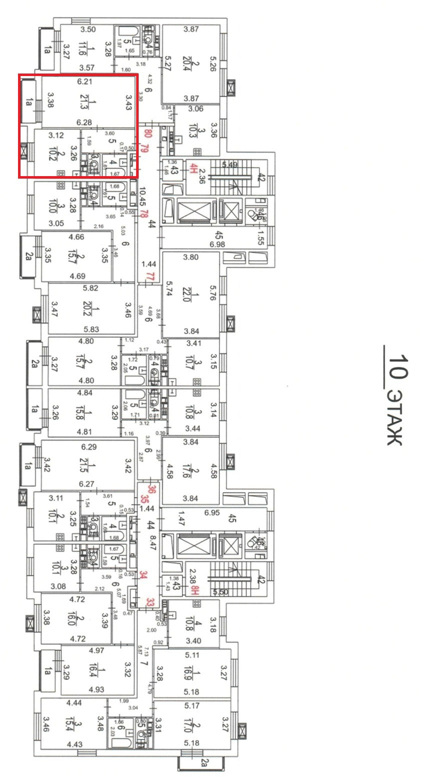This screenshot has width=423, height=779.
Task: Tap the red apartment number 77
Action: pos(148,277)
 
